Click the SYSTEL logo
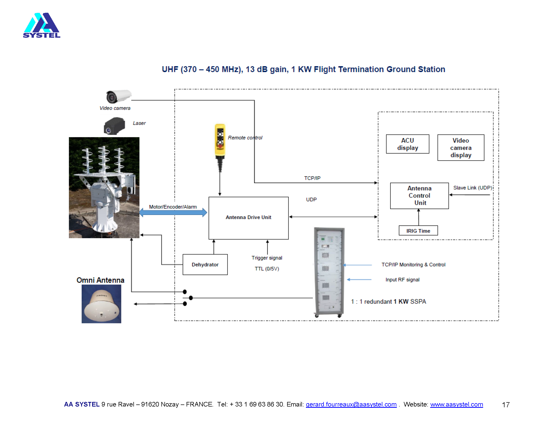[x=41, y=25]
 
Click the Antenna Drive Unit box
[x=248, y=218]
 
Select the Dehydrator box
[x=205, y=264]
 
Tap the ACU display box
[x=408, y=144]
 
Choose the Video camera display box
[x=460, y=147]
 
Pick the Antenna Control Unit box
[x=419, y=195]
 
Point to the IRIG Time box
[x=418, y=231]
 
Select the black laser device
[x=114, y=126]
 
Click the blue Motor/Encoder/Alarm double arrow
[x=173, y=212]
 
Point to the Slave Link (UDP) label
[x=472, y=188]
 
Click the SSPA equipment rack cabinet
[x=329, y=272]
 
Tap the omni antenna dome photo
[x=101, y=304]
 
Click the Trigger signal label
[x=267, y=258]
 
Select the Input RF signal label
[x=402, y=280]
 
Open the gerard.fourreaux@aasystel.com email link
[x=351, y=404]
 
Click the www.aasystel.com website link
[x=456, y=404]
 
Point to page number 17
[x=505, y=405]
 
